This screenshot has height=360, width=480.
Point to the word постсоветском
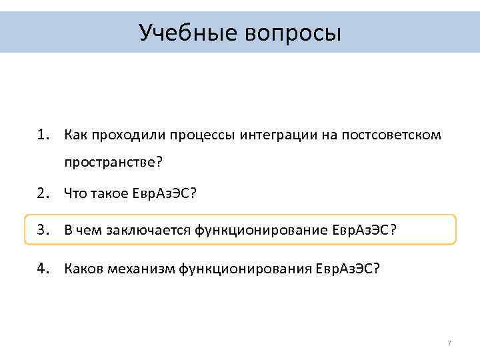tap(391, 136)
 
